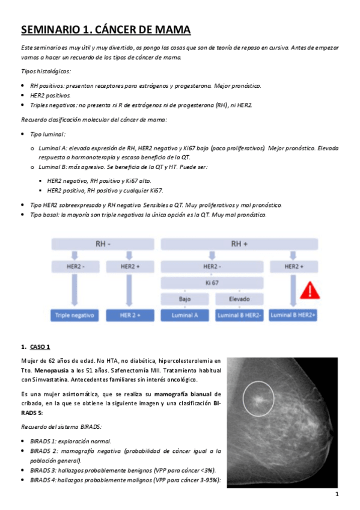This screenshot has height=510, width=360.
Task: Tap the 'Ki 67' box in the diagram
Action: coord(212,281)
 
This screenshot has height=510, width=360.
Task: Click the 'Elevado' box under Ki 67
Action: coord(239,299)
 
